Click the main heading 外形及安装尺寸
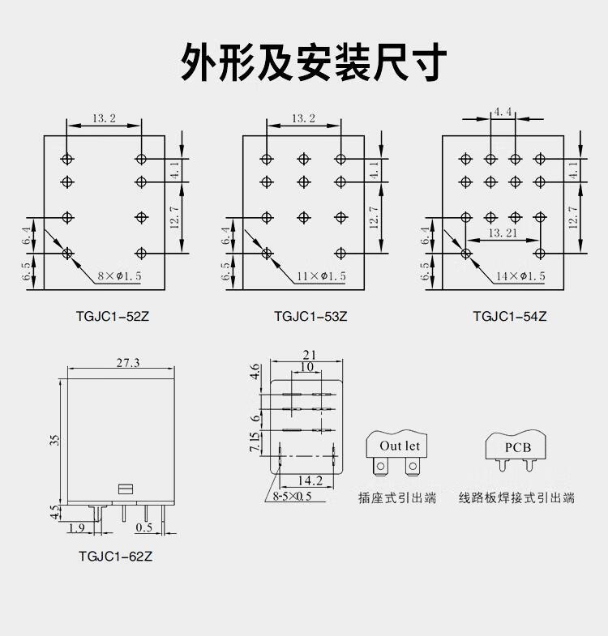pyautogui.click(x=314, y=62)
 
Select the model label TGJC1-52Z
pyautogui.click(x=113, y=316)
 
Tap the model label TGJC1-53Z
pyautogui.click(x=311, y=316)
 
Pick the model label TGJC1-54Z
pyautogui.click(x=510, y=316)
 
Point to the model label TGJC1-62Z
pyautogui.click(x=115, y=556)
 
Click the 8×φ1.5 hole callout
pyautogui.click(x=119, y=276)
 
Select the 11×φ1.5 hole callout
pyautogui.click(x=322, y=276)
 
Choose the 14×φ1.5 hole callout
pyautogui.click(x=520, y=276)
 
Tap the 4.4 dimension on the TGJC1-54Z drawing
pyautogui.click(x=503, y=112)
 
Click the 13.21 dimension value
pyautogui.click(x=503, y=233)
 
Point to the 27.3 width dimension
pyautogui.click(x=128, y=362)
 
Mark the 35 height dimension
pyautogui.click(x=55, y=441)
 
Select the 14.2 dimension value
pyautogui.click(x=310, y=480)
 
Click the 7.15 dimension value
pyautogui.click(x=255, y=442)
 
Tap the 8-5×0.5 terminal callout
pyautogui.click(x=292, y=496)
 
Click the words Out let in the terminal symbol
pyautogui.click(x=400, y=446)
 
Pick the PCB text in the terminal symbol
pyautogui.click(x=517, y=447)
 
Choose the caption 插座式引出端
pyautogui.click(x=397, y=497)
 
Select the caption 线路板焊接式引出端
pyautogui.click(x=516, y=497)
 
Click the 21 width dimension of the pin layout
pyautogui.click(x=310, y=355)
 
